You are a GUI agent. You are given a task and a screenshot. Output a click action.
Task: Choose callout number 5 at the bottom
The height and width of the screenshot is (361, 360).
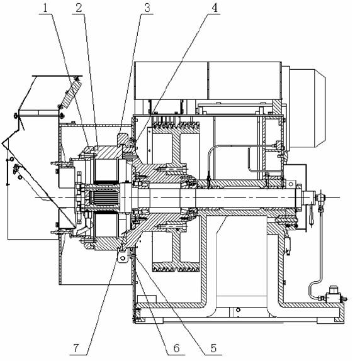213,348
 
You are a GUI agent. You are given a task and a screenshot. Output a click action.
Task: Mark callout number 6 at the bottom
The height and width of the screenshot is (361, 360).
176,348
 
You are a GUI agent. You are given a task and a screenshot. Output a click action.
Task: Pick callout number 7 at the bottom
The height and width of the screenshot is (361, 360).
76,348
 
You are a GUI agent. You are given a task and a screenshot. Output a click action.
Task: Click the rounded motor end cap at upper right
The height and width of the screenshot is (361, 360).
308,108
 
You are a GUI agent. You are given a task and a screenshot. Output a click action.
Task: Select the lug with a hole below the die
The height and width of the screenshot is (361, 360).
122,257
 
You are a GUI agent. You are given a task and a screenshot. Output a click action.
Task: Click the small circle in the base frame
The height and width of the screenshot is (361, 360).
238,310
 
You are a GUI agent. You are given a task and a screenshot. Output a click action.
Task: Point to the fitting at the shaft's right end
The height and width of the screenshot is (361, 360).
320,197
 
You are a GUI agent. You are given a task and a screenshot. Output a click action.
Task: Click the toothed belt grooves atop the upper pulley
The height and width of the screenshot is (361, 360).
176,126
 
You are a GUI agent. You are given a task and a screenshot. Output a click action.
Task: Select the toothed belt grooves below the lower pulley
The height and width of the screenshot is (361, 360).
176,267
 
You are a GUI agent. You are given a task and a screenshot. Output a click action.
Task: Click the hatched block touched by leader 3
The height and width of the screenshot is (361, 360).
123,139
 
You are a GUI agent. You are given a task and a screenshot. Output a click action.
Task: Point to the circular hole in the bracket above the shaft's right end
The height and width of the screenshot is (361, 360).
291,184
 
